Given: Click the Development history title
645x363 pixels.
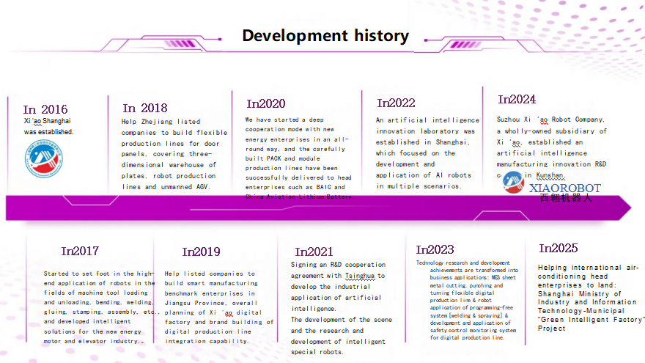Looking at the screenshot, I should point(325,36).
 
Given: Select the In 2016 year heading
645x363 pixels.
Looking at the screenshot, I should point(45,109).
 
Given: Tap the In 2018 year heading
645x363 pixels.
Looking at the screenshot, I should point(145,108).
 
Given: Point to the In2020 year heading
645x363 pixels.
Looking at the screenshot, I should point(266,103).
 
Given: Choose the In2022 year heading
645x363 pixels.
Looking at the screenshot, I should point(396,103).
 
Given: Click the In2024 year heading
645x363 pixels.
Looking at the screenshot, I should point(517,99).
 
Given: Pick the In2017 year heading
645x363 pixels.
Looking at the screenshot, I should point(80,251).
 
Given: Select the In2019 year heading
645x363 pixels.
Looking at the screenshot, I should point(201,252).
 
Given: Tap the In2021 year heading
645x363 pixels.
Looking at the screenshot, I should point(314,252).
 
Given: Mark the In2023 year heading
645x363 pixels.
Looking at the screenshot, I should point(435,249).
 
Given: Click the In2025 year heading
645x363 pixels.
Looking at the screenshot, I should point(559,248).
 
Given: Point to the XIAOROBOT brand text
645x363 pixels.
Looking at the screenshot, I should point(564,188).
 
